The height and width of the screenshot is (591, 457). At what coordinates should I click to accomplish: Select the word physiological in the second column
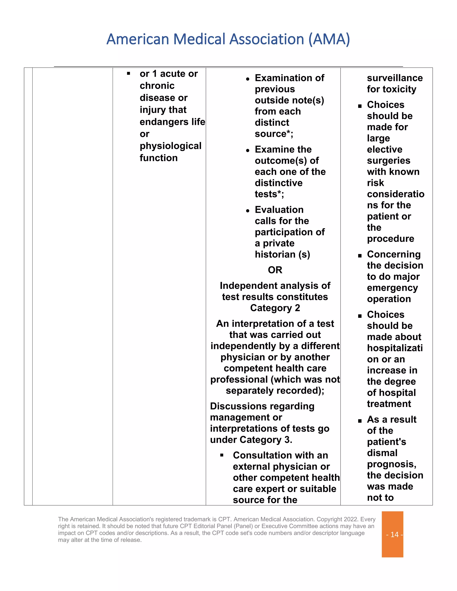click(170, 146)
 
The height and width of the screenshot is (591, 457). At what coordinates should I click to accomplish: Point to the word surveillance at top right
click(395, 78)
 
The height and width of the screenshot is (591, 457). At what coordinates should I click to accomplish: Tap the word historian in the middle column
click(275, 254)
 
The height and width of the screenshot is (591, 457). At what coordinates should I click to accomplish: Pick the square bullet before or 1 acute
click(128, 73)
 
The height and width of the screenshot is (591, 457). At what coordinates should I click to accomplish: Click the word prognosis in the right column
click(391, 464)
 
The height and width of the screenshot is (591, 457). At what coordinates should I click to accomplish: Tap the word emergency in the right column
click(392, 288)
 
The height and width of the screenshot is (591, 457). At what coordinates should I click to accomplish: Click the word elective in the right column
click(384, 149)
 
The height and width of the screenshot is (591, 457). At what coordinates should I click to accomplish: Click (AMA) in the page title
click(329, 39)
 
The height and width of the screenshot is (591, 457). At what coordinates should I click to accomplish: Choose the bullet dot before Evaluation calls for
click(247, 211)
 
